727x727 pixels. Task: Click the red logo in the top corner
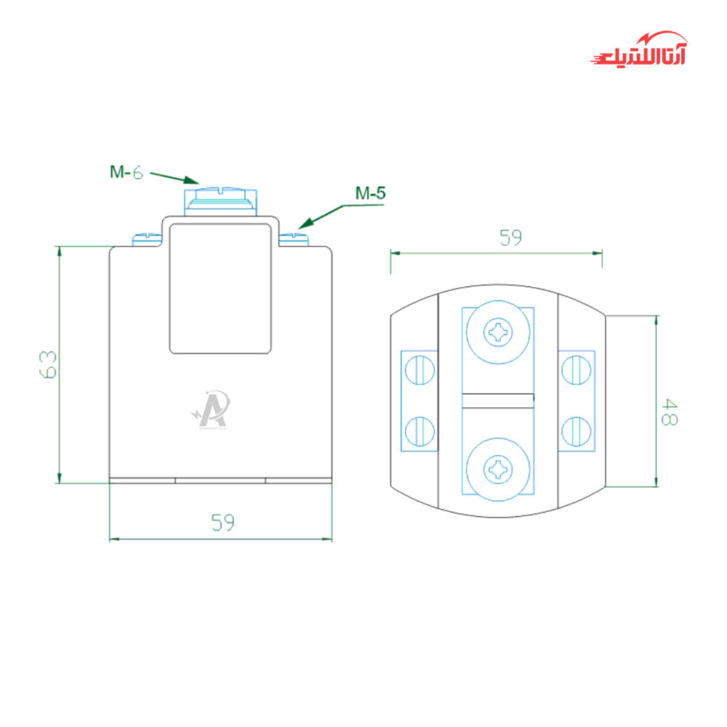pos(639,50)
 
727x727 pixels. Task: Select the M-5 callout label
pos(370,193)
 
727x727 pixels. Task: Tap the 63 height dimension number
pos(48,364)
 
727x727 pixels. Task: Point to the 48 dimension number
pos(668,411)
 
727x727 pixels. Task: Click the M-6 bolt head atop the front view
pos(220,198)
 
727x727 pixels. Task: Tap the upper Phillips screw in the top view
pos(499,334)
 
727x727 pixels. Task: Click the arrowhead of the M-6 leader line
pos(194,181)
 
